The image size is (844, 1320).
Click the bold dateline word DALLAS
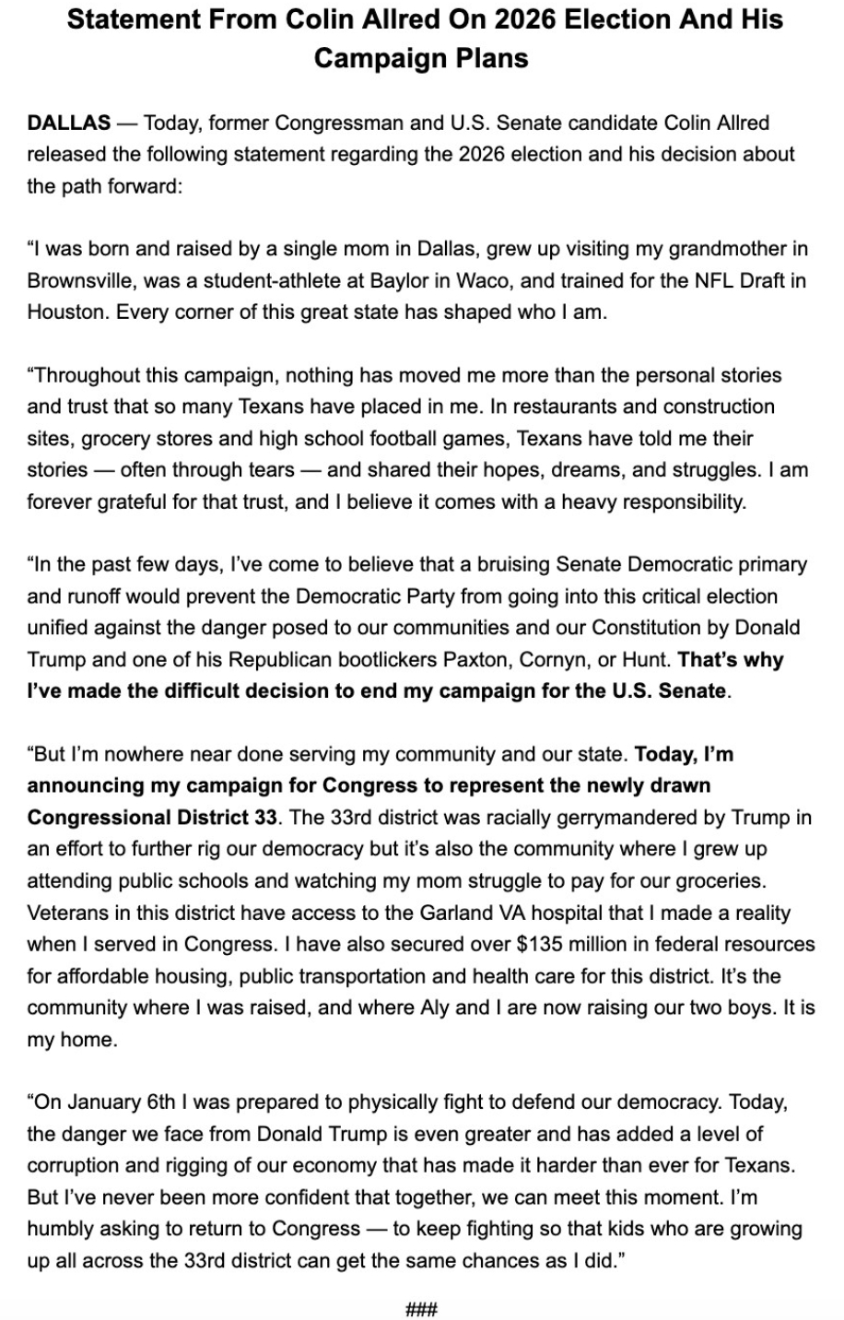click(x=69, y=123)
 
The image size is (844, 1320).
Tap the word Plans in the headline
click(x=494, y=58)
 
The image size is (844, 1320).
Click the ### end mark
click(x=421, y=1309)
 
